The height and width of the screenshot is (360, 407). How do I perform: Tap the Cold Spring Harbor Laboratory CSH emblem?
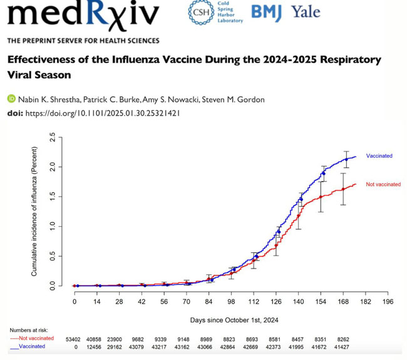200,13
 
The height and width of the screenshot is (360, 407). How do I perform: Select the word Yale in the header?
306,13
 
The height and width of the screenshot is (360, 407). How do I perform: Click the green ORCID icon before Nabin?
11,99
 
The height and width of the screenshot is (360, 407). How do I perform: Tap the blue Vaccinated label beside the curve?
379,156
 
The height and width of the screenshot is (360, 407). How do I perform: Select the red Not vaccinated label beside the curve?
383,185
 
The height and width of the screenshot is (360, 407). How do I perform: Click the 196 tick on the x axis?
388,302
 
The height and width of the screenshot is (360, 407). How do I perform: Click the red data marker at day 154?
321,197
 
